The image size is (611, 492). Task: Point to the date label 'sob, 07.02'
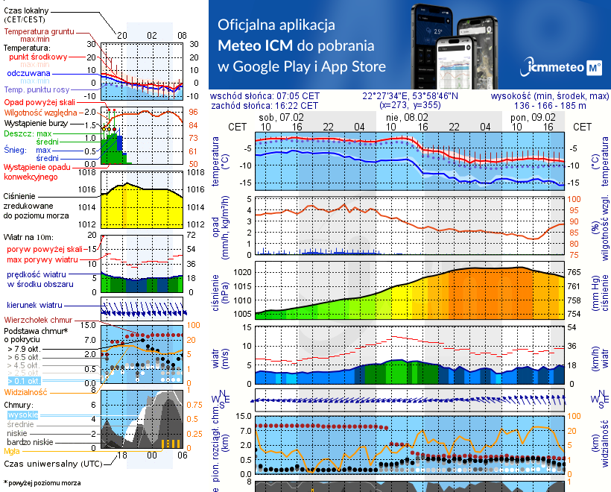pyautogui.click(x=281, y=117)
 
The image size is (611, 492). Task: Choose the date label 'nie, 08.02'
pyautogui.click(x=407, y=117)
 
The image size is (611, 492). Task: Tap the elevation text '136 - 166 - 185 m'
pyautogui.click(x=550, y=106)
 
